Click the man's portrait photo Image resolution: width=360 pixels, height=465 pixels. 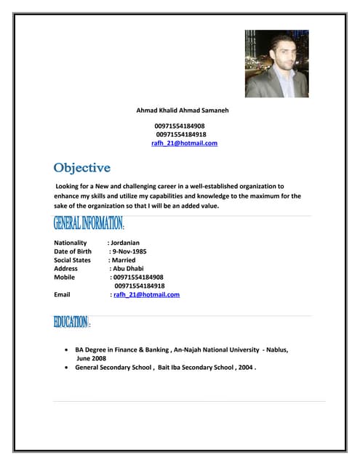coord(276,63)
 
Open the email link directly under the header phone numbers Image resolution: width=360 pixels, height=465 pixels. coord(184,143)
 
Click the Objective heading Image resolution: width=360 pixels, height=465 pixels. coord(81,168)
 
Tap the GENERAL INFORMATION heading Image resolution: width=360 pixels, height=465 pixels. coord(89,222)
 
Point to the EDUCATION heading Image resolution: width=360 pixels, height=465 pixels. coord(71,321)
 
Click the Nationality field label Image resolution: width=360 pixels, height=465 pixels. coord(71,243)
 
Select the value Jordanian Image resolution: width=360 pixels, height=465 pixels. coord(124,243)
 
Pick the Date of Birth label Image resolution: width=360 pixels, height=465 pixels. coord(73,251)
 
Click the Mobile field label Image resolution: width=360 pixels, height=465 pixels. coord(65,278)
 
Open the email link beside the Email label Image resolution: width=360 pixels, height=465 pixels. coord(146,295)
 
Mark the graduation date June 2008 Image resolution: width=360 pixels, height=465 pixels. coord(91,358)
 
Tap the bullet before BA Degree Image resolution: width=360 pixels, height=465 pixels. coord(68,349)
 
